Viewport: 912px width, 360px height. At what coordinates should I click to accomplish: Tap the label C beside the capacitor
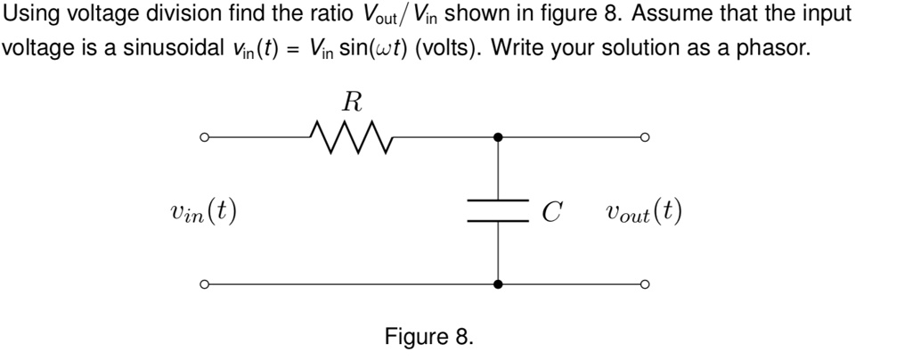pos(552,212)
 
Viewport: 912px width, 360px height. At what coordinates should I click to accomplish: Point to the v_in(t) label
pos(203,212)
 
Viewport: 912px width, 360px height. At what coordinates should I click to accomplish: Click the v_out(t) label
pos(643,212)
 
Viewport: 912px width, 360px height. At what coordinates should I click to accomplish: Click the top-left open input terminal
pos(203,138)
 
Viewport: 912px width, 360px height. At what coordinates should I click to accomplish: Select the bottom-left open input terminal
pos(203,285)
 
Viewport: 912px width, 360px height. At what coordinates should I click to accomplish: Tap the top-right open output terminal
pos(644,138)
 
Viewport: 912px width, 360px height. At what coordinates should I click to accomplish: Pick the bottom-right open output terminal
pos(644,285)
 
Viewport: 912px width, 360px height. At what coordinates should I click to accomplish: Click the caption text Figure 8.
pos(429,337)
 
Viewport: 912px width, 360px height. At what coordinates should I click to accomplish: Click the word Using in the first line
pos(33,14)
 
